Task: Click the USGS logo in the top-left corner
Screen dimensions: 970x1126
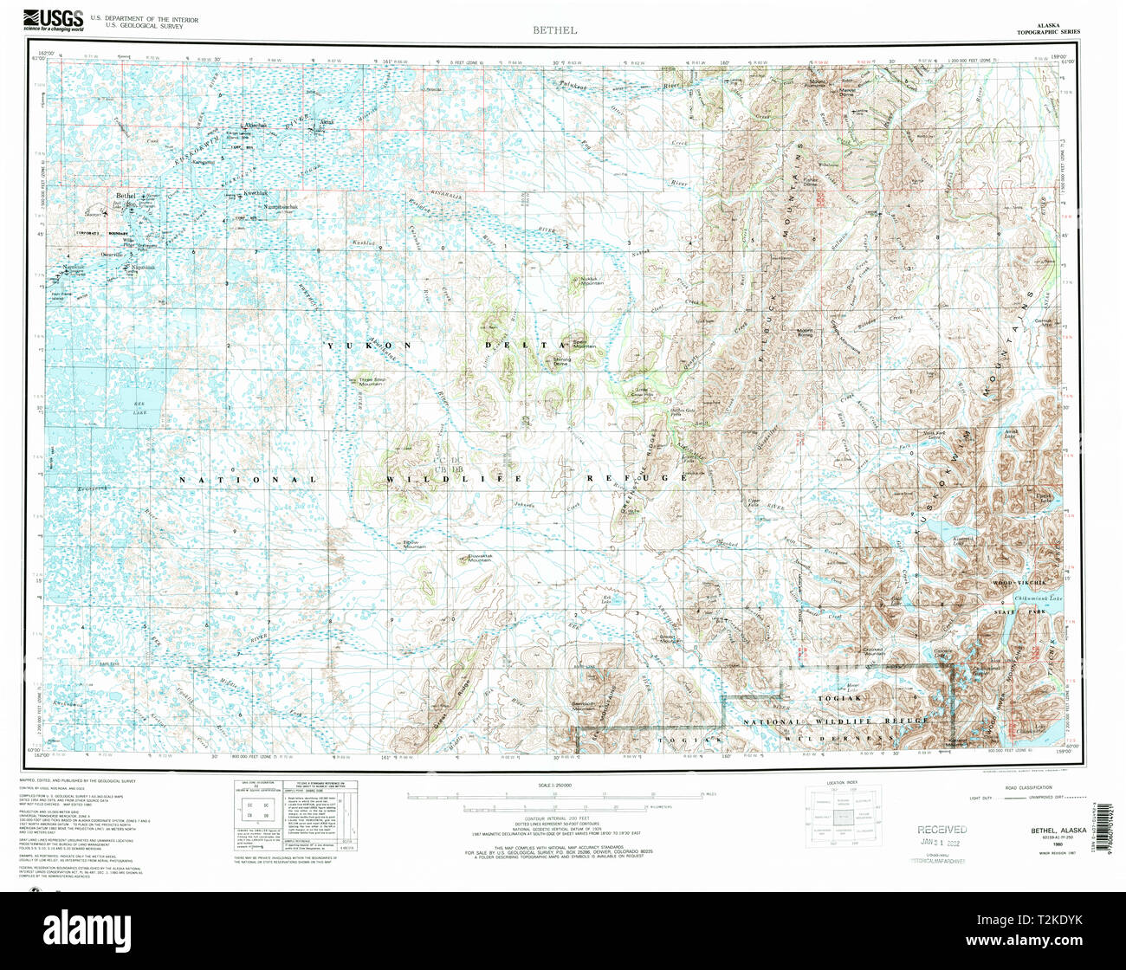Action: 53,17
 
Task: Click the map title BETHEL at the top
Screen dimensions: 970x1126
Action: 555,30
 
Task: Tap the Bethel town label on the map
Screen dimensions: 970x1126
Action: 127,197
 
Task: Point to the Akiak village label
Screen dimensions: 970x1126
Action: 327,122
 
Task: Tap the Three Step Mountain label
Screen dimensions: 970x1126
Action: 372,380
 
